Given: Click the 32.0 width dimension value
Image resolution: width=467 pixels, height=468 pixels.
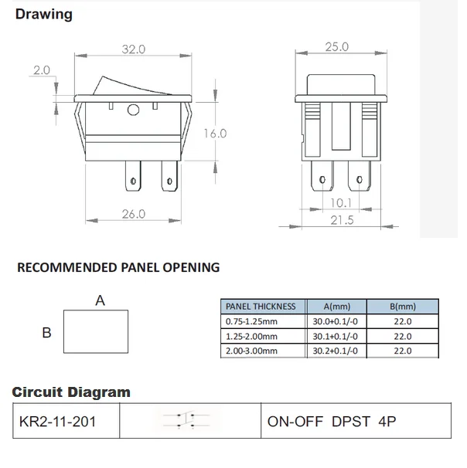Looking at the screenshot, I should coord(133,49).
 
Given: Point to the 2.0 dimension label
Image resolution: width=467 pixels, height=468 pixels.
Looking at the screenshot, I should coord(42,70).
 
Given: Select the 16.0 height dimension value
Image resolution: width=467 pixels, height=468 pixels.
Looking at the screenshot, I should coord(215,134).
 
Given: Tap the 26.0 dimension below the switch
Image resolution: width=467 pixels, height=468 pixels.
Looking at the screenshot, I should coord(133,214).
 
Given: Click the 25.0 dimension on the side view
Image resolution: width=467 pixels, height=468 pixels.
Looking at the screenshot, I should coord(336,47).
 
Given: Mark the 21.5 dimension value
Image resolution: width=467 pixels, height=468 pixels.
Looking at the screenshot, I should coord(341,221).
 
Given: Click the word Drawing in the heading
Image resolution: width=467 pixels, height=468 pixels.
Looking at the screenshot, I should coord(44,15).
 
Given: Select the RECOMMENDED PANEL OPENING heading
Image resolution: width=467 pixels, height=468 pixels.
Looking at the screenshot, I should coord(118,268).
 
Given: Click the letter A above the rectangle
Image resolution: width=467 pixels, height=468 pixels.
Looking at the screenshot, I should coord(100,301).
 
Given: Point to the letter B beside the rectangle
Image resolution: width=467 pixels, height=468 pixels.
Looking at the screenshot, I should coord(46,333).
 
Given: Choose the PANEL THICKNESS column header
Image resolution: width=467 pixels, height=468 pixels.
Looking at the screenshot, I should coord(260,307).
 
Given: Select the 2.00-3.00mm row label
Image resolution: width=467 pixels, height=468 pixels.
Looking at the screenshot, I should coord(252,351).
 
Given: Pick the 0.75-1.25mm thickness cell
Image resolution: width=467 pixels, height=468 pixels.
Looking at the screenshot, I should coord(252,321).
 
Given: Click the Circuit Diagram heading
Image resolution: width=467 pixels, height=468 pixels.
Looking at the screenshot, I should coord(71,392).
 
